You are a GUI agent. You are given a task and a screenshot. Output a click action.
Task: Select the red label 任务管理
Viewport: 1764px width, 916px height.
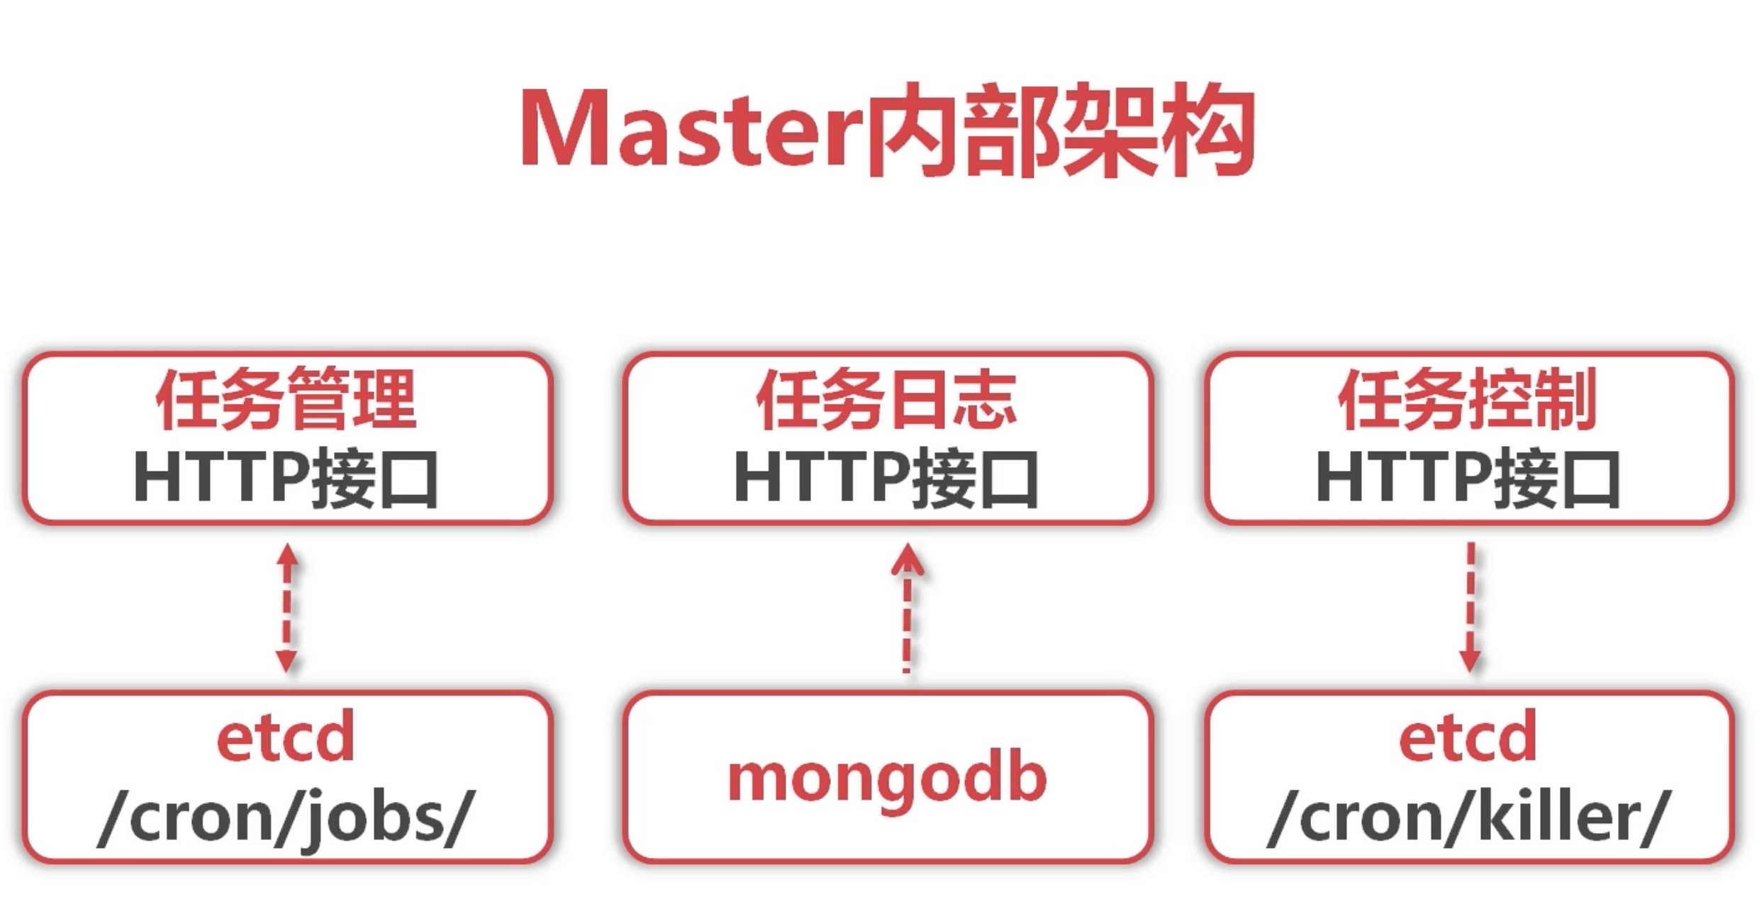pos(286,398)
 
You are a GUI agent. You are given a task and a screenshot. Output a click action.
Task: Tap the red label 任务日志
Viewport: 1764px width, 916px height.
pos(886,399)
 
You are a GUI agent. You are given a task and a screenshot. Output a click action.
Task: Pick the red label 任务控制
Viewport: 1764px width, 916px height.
pos(1468,398)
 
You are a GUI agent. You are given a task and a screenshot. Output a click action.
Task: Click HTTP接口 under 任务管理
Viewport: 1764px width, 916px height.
pos(286,479)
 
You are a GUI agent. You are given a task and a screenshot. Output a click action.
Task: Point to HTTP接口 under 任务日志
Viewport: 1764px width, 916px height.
pos(886,479)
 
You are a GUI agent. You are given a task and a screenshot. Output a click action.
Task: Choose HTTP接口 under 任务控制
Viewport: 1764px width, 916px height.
pos(1468,479)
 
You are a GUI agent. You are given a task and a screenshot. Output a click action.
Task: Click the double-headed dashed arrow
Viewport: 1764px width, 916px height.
pos(286,608)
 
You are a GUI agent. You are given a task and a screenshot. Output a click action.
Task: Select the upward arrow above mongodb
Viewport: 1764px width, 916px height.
pos(907,608)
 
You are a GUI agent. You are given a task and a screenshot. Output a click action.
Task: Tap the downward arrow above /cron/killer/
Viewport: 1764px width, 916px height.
pos(1470,608)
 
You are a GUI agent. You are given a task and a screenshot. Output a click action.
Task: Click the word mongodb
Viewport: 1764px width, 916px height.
pos(887,778)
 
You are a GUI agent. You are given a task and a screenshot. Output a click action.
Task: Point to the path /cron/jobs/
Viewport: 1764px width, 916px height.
pos(286,817)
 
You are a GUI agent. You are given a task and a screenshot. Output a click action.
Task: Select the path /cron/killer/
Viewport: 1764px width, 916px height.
pos(1469,817)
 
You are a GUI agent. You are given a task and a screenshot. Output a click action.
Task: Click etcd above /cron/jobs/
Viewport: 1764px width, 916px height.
pos(286,738)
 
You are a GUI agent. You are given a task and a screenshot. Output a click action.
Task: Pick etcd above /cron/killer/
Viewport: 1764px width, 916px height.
pos(1468,738)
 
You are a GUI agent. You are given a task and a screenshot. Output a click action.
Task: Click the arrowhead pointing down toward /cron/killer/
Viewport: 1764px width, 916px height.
pos(1470,661)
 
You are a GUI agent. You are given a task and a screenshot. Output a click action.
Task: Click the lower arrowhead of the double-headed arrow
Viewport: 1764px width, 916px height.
pos(286,661)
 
